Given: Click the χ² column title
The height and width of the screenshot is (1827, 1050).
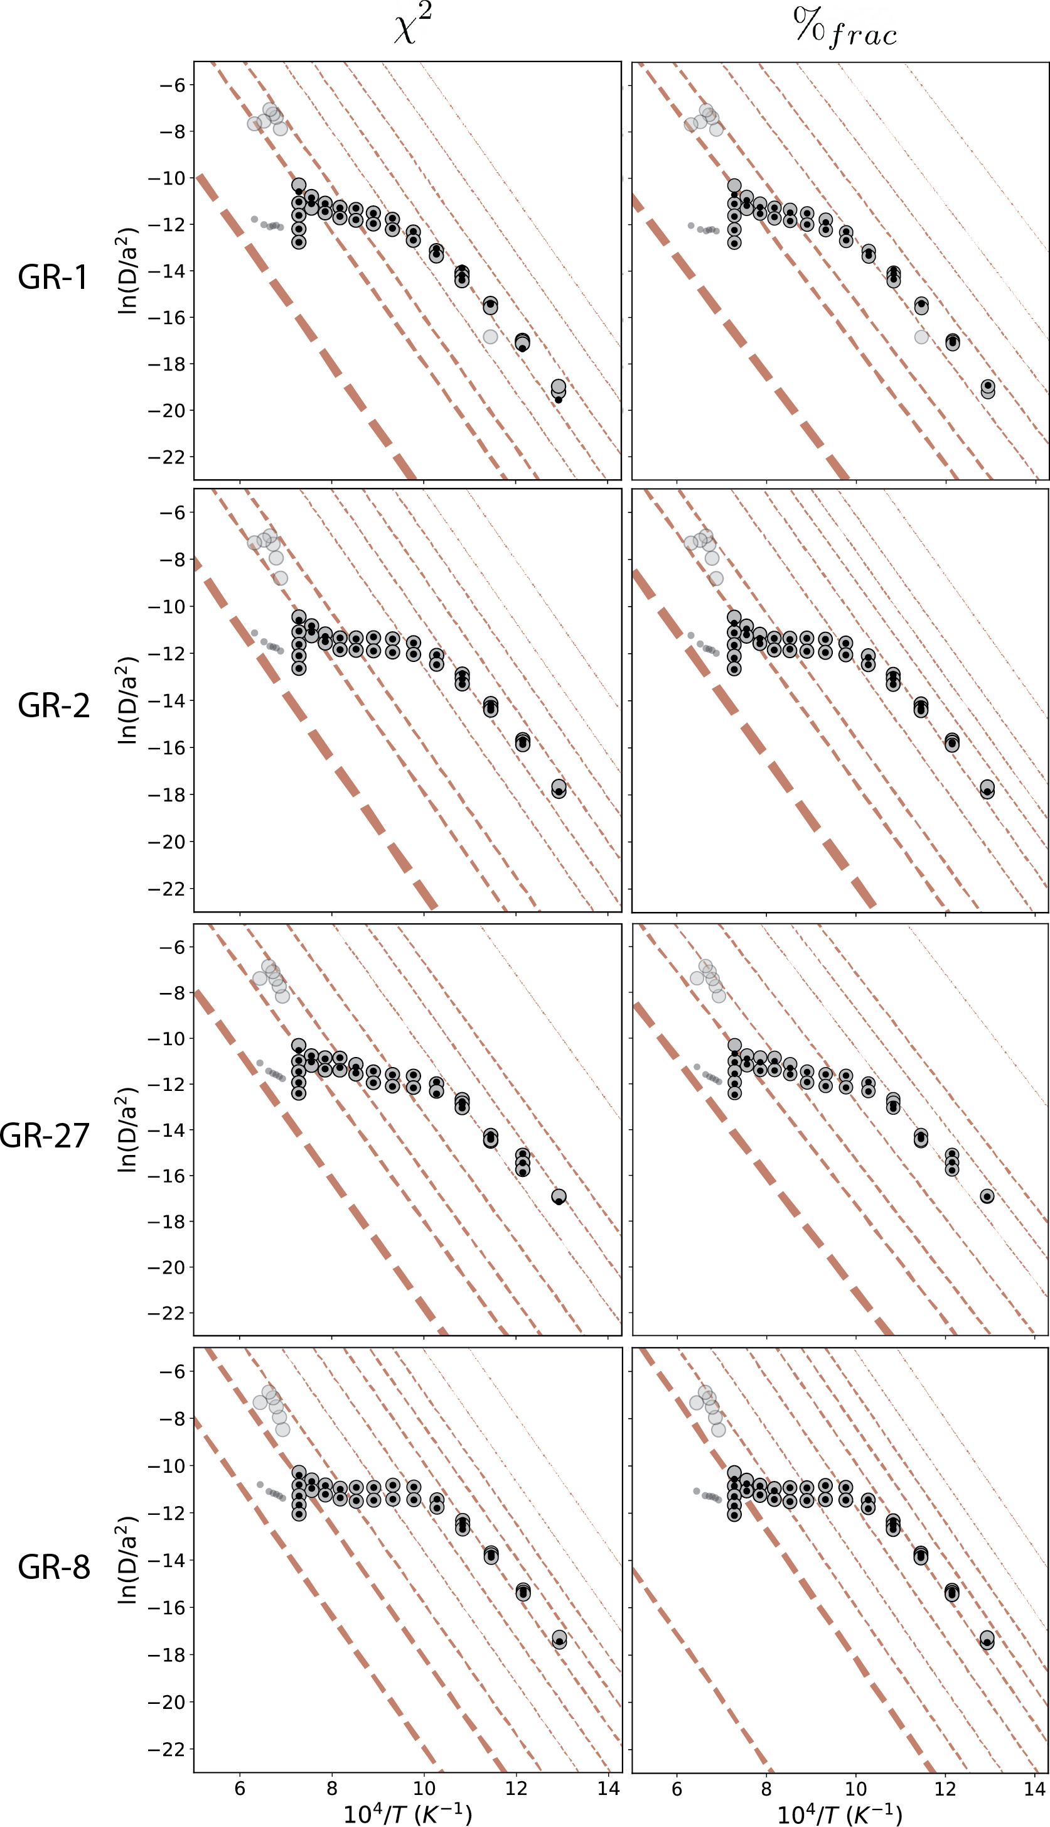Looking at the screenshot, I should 413,28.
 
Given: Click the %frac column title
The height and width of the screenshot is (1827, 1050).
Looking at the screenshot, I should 845,29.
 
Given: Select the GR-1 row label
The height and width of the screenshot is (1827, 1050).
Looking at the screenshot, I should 53,277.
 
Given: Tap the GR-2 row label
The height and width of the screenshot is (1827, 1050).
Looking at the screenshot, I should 53,705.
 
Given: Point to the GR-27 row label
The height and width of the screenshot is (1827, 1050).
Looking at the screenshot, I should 45,1135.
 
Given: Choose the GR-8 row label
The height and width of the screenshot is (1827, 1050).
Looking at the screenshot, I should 53,1567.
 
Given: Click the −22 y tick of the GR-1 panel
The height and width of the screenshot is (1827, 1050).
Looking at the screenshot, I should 166,457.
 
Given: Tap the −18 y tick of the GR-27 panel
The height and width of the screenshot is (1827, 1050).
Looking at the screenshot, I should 166,1221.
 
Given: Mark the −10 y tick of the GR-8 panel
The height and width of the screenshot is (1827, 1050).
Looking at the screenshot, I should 166,1465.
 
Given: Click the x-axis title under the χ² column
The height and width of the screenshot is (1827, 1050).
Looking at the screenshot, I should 407,1813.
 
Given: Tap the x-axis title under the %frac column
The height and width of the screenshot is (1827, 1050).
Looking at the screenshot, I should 840,1813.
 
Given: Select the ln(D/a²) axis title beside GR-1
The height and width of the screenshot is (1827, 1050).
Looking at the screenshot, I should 127,271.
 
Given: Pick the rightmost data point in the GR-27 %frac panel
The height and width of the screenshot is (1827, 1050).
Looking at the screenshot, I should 987,1196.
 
